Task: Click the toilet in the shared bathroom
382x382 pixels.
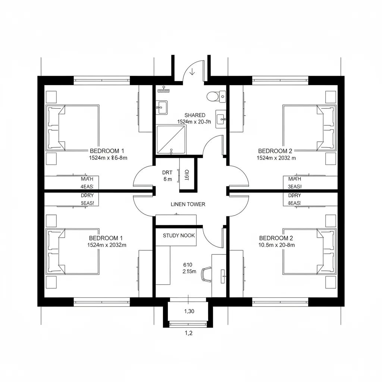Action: coord(213,96)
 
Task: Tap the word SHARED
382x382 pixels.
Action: coord(195,115)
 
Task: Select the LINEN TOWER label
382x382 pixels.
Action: coord(188,204)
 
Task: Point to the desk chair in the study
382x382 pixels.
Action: coord(206,273)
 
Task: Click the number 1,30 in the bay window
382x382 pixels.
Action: coord(190,311)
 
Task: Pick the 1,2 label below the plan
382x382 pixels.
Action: coord(189,334)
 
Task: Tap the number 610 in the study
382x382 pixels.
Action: coord(188,264)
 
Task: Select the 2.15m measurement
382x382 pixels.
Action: coord(189,272)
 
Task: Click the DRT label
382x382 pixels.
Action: coord(167,172)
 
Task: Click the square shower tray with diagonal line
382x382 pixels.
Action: coord(171,139)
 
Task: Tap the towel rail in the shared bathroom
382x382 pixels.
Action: coord(164,90)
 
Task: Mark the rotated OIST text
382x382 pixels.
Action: coord(187,175)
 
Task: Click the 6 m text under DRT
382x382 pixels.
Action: coord(167,179)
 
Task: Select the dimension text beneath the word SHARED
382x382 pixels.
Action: coord(194,122)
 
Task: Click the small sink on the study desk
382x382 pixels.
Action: coord(223,276)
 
